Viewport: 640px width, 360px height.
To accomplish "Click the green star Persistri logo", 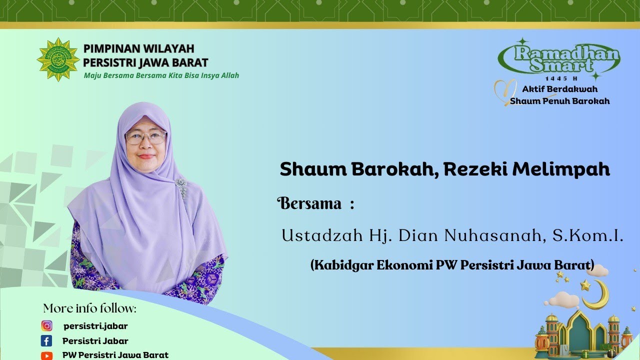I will click(58, 59).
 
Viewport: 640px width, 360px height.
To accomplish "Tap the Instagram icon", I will click(47, 326).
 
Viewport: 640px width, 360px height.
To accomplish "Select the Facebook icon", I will click(46, 341).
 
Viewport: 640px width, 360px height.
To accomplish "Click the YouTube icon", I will click(47, 355).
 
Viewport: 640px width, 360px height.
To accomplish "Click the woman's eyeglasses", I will click(146, 137).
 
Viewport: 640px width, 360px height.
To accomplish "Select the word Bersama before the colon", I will click(309, 203).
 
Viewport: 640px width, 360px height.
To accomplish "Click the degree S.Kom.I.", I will click(588, 235).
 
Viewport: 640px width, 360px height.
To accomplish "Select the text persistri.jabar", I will click(95, 326).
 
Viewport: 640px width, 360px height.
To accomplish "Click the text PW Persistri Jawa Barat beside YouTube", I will click(115, 355).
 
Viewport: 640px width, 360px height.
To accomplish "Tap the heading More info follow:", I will click(89, 308).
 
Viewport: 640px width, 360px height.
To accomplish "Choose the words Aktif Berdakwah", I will click(560, 89).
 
